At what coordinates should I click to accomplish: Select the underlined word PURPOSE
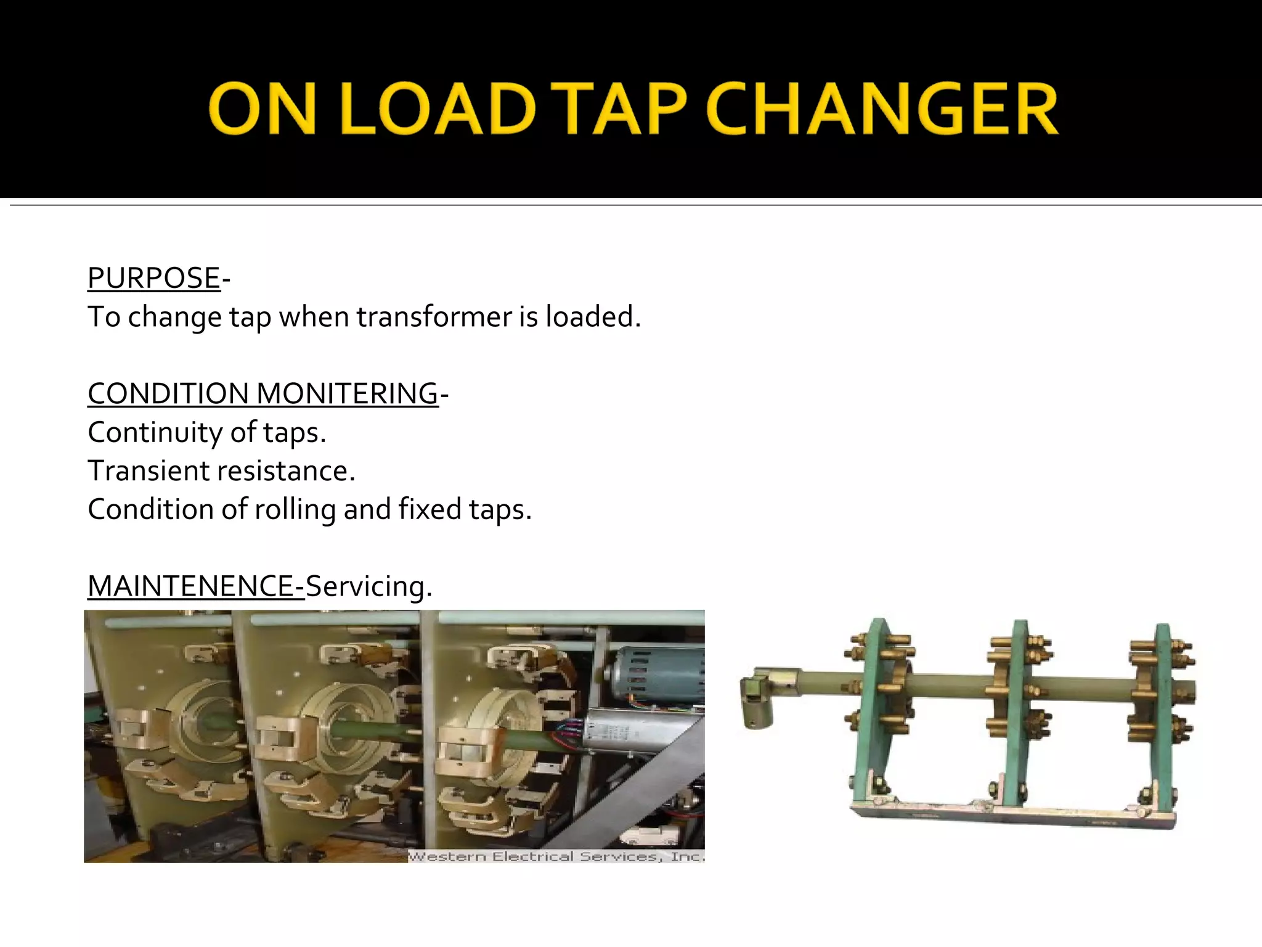click(154, 278)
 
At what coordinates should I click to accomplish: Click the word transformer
click(434, 317)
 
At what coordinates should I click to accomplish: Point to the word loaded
click(593, 317)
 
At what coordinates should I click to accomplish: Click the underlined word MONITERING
click(347, 393)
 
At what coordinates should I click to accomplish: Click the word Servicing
click(368, 586)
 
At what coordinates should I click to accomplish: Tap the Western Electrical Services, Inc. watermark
click(556, 856)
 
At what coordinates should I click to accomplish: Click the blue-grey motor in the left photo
click(656, 676)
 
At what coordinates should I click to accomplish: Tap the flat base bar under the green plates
click(1011, 815)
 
